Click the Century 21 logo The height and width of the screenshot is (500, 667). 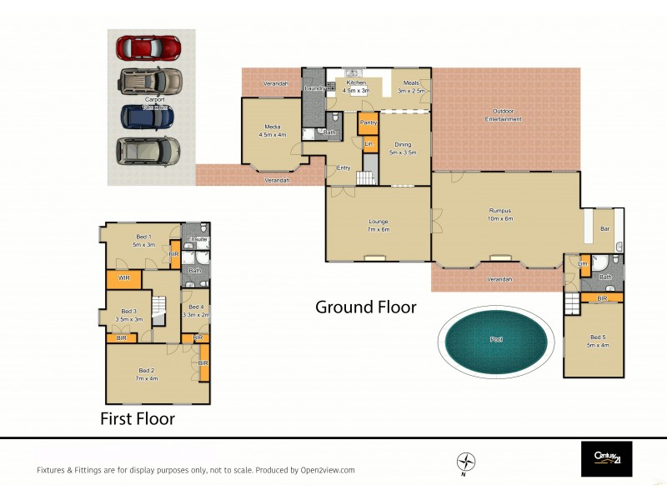[606, 459]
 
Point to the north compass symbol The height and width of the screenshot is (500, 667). [466, 461]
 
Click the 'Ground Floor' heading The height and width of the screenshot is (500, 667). [365, 307]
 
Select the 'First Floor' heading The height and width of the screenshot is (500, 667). [138, 418]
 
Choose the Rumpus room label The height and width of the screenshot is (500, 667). [500, 210]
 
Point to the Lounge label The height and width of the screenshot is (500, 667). [379, 222]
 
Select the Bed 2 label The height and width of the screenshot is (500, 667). [146, 371]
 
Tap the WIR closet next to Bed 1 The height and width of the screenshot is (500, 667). [123, 277]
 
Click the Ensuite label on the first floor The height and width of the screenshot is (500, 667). [197, 240]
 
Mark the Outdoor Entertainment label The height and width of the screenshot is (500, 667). [504, 116]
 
